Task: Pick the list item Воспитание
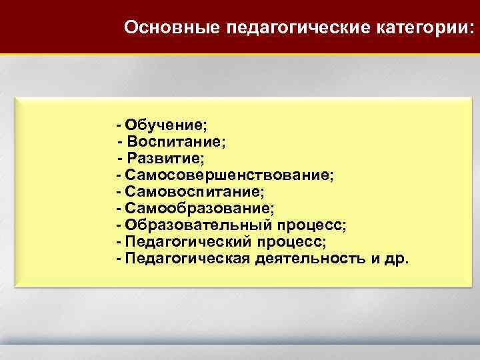coord(177,142)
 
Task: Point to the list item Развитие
coord(166,159)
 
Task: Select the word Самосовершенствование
coord(229,175)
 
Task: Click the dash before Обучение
coord(118,125)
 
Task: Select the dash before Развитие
coord(120,159)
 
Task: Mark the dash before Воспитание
coord(120,142)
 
